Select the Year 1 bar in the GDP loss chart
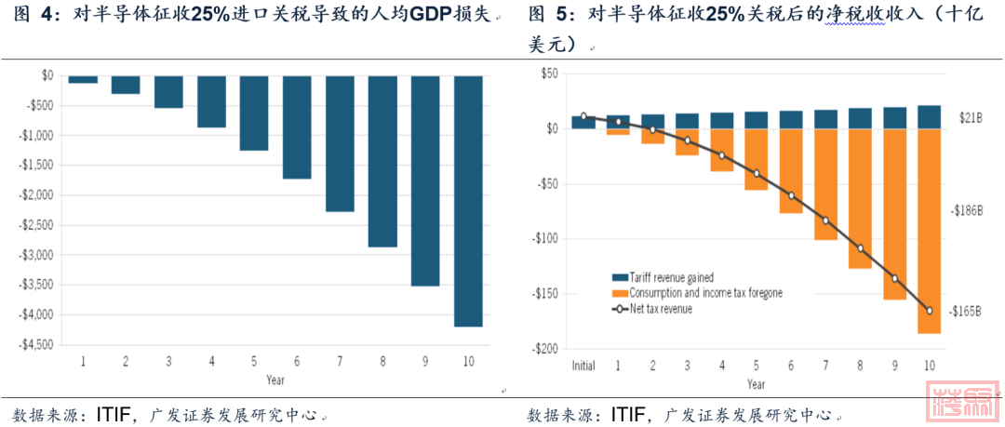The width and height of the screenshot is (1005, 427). coord(83,79)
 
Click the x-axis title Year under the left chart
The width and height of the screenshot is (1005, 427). coord(276,380)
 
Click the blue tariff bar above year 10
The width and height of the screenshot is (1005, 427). coord(929,117)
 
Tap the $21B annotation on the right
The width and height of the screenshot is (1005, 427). coord(970,120)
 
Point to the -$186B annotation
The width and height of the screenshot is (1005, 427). coord(966,211)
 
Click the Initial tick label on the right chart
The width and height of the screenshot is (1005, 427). coord(583,366)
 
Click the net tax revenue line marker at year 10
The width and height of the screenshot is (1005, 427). coord(929,310)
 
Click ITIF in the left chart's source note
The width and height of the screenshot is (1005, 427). coord(114,413)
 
